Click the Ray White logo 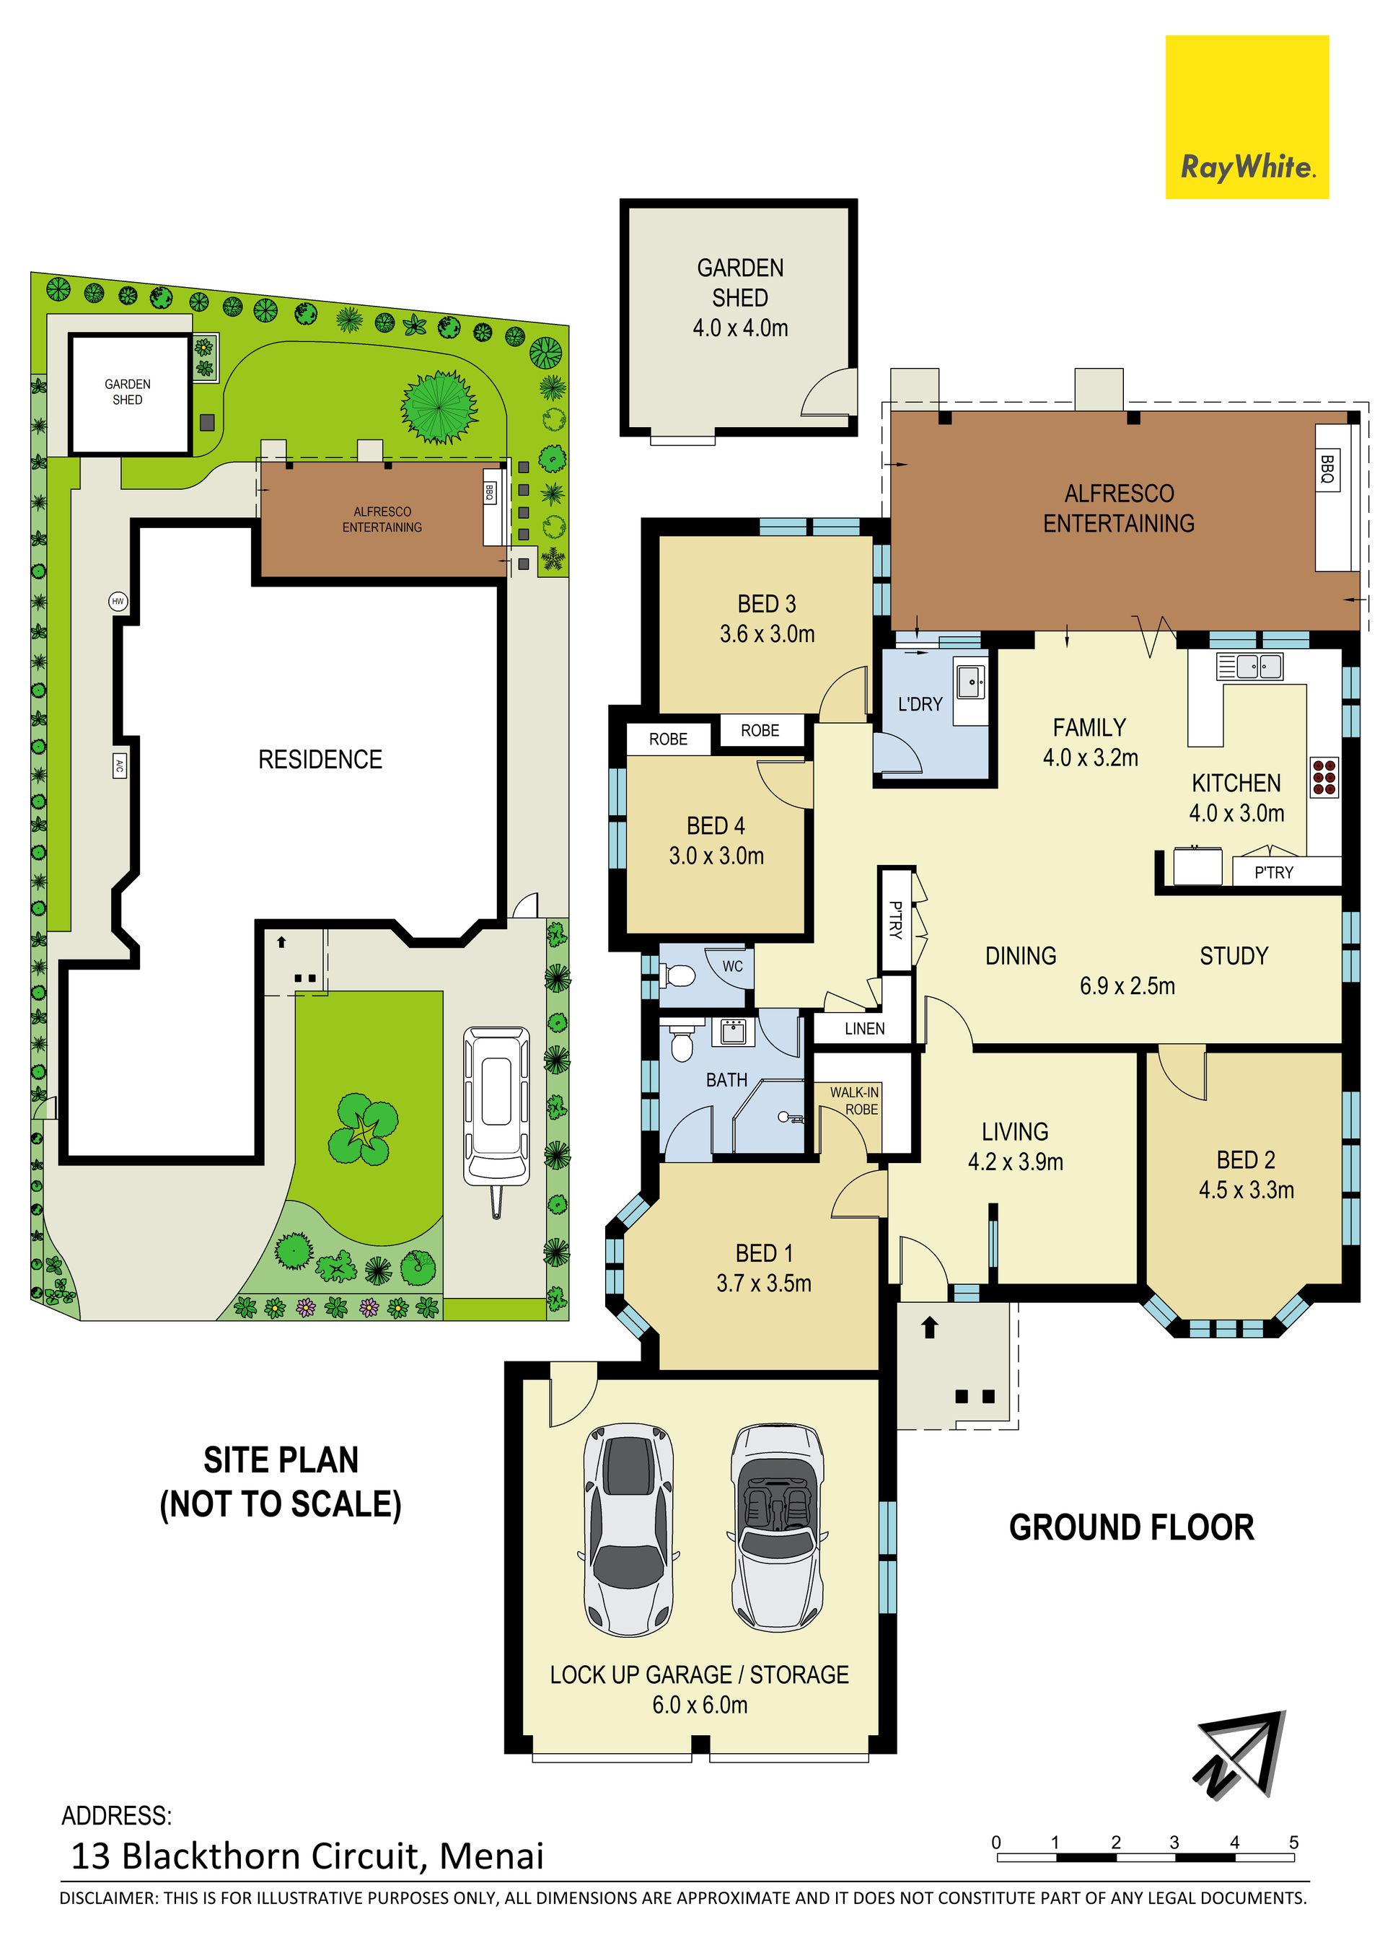pos(1246,117)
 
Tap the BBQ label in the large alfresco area pos(1327,469)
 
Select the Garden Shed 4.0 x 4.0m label pos(739,298)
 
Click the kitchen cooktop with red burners pos(1324,777)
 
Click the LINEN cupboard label pos(865,1028)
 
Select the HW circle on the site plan pos(118,601)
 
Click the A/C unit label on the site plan pos(120,765)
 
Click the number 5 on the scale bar pos(1293,1841)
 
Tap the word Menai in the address pos(491,1856)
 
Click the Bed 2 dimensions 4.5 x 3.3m pos(1246,1190)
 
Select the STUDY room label pos(1234,956)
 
